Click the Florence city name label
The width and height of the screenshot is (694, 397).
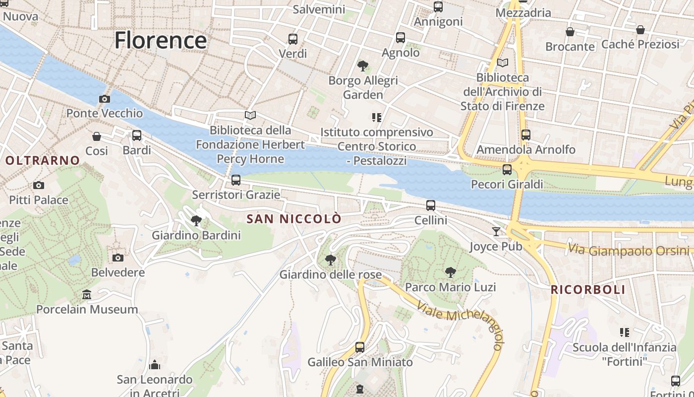pyautogui.click(x=160, y=40)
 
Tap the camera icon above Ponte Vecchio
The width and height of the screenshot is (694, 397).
pyautogui.click(x=104, y=99)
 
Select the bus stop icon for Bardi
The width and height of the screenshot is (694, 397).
pyautogui.click(x=137, y=135)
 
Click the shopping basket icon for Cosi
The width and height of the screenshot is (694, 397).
pyautogui.click(x=97, y=136)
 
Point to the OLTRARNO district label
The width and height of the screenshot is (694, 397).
pyautogui.click(x=43, y=160)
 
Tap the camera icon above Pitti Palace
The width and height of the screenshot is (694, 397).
pyautogui.click(x=39, y=186)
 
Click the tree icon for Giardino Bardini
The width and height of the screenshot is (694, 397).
pyautogui.click(x=196, y=221)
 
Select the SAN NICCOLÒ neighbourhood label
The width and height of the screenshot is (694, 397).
pyautogui.click(x=294, y=219)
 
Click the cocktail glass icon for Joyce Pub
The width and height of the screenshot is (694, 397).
pyautogui.click(x=496, y=231)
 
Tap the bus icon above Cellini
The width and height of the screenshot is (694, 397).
pyautogui.click(x=431, y=205)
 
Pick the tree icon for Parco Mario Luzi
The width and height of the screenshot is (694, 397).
pyautogui.click(x=450, y=272)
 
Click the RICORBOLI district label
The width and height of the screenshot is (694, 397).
pyautogui.click(x=588, y=290)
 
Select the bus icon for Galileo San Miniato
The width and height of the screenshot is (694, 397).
pyautogui.click(x=360, y=347)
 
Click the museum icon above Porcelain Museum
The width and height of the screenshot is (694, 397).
pyautogui.click(x=87, y=295)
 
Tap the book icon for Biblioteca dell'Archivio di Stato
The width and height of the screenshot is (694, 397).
pyautogui.click(x=503, y=63)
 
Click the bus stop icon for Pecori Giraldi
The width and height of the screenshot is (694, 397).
pyautogui.click(x=507, y=170)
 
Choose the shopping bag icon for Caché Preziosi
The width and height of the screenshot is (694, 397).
pyautogui.click(x=640, y=30)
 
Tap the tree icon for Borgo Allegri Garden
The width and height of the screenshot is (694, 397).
pyautogui.click(x=363, y=66)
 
